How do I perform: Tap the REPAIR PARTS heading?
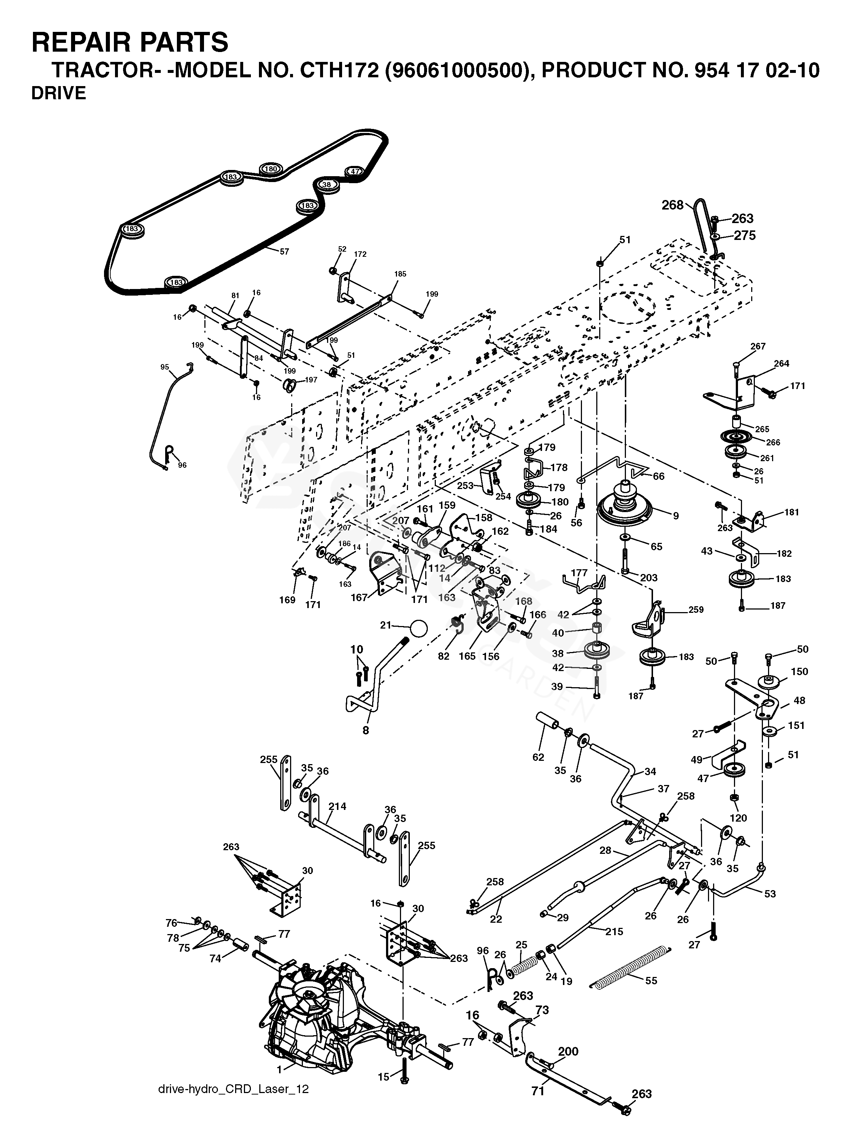(x=130, y=42)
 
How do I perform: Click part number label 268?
(x=672, y=205)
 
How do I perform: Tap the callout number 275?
(x=745, y=236)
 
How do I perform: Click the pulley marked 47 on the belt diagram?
(x=354, y=172)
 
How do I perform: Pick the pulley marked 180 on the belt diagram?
(x=271, y=169)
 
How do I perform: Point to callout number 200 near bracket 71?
(x=568, y=1051)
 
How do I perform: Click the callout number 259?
(x=696, y=610)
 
